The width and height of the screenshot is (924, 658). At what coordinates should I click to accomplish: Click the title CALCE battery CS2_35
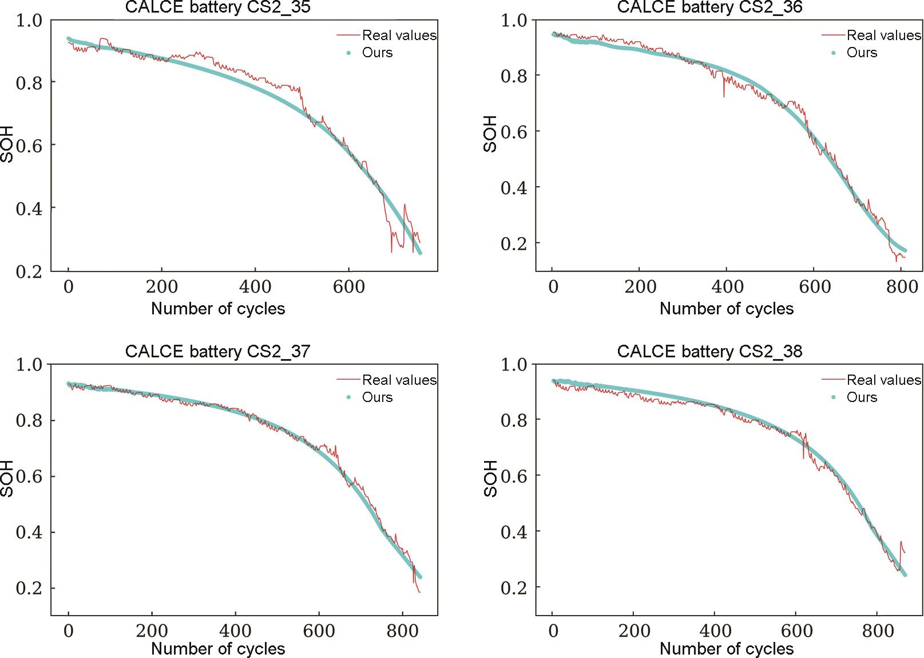coord(217,7)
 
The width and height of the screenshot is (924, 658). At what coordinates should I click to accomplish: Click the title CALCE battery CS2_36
coord(709,7)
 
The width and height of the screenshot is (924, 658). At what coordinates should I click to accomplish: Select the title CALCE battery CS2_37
coord(217,351)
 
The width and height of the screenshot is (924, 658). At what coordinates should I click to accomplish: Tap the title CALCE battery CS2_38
coord(709,351)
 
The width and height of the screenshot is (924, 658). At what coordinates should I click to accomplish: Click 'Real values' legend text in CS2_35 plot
coord(399,36)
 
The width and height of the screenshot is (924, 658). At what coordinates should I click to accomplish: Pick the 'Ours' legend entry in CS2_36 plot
coord(862,53)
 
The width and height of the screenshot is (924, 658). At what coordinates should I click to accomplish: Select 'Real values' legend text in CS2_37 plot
coord(399,380)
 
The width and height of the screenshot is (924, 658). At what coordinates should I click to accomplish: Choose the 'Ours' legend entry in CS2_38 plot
coord(862,397)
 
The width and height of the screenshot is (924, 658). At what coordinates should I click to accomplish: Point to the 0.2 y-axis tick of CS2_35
coord(29,271)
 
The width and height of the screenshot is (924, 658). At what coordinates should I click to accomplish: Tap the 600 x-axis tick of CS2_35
coord(348,286)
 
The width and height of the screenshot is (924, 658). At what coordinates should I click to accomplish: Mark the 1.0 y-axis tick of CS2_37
coord(29,365)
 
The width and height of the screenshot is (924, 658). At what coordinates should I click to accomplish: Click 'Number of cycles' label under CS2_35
coord(218,309)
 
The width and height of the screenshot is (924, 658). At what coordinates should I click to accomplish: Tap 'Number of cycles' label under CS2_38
coord(727,649)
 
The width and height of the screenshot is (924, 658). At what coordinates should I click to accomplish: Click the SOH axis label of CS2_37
coord(7,479)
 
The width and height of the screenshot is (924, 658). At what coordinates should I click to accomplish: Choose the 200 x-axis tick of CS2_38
coord(634,631)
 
